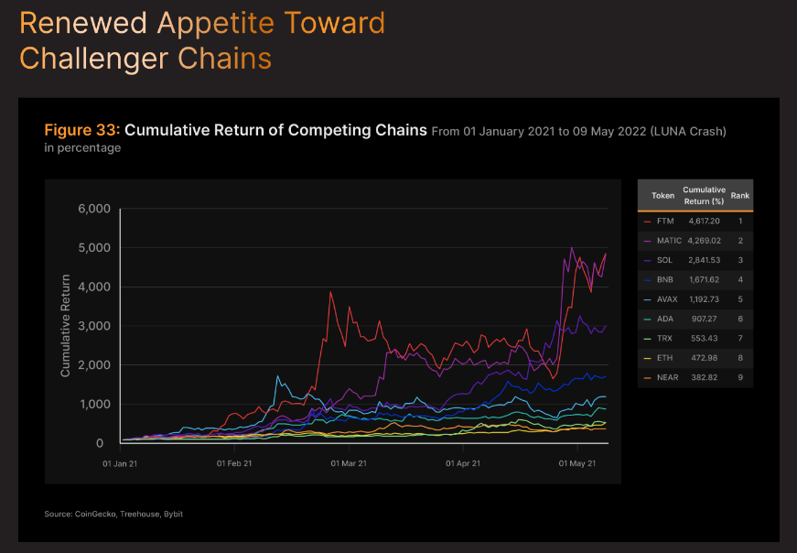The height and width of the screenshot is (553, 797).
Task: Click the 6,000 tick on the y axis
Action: (x=92, y=209)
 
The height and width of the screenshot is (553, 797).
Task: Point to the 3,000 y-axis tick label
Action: (x=92, y=326)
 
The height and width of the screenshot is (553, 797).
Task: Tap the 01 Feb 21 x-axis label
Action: (x=233, y=464)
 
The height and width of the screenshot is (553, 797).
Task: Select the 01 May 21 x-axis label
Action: (x=577, y=464)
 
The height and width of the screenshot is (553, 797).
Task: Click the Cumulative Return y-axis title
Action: (x=65, y=326)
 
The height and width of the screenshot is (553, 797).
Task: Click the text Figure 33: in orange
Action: (x=82, y=130)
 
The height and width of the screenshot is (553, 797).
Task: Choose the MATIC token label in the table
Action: (x=669, y=241)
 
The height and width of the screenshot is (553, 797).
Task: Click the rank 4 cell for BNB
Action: (x=740, y=279)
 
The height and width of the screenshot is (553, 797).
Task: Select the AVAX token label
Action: (x=667, y=298)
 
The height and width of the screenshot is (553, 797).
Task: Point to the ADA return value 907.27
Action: (x=705, y=319)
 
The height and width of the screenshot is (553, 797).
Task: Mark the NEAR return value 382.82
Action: (x=705, y=377)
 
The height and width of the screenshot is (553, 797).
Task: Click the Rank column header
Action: (x=740, y=195)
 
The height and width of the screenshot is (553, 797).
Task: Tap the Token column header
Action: (x=662, y=195)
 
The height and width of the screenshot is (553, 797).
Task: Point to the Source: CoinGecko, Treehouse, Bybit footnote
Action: (x=113, y=514)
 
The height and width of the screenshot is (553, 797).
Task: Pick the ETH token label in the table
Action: (x=664, y=358)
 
